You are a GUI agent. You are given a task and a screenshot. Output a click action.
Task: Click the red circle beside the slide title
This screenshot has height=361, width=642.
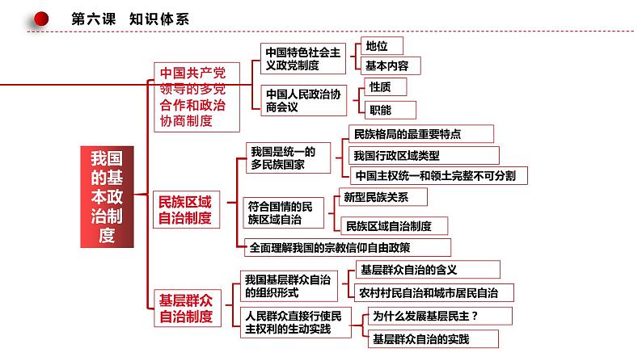coord(41,19)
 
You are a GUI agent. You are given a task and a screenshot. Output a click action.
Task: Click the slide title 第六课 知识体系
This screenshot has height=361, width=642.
coord(130,19)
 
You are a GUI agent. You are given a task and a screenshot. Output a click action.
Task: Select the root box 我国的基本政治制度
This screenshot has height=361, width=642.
coord(107,196)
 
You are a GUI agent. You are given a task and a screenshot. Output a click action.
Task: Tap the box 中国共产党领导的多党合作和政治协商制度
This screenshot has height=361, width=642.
coord(196,97)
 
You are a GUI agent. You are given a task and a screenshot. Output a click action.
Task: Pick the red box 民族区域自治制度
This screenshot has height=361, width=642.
coord(186,209)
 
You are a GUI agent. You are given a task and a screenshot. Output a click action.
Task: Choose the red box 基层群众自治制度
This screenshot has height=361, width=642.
coord(187,309)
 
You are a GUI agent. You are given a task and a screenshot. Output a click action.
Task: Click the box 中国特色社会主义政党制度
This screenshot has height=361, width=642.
coord(303,58)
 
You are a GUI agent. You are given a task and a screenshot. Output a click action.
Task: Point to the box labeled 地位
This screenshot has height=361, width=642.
coord(382,46)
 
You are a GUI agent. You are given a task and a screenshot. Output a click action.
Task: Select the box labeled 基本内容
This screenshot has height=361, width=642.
coord(391,65)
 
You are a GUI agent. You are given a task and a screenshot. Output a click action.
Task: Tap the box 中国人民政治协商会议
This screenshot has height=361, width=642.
coord(303,101)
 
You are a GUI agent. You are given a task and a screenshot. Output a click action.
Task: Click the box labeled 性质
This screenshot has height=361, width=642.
coord(386,87)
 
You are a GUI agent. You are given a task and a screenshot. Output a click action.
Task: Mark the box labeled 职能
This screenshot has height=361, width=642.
coord(390,110)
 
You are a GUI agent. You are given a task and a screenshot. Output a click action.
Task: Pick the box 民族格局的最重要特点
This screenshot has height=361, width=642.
coord(421,134)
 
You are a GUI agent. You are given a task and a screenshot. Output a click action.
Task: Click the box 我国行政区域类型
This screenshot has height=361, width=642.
coord(424,155)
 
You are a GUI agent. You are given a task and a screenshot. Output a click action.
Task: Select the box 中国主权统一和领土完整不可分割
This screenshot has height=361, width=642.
coord(438,175)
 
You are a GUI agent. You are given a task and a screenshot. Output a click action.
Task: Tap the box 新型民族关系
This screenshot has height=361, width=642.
coord(382,197)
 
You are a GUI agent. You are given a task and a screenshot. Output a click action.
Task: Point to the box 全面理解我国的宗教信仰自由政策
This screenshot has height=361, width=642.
coord(347,247)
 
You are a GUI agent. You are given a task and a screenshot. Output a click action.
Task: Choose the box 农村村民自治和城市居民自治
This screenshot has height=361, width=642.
coord(433,292)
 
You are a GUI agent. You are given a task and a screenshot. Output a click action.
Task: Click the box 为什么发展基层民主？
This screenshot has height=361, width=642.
coord(440,316)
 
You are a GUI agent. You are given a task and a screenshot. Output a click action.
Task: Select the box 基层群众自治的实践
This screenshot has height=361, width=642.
coord(433,339)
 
